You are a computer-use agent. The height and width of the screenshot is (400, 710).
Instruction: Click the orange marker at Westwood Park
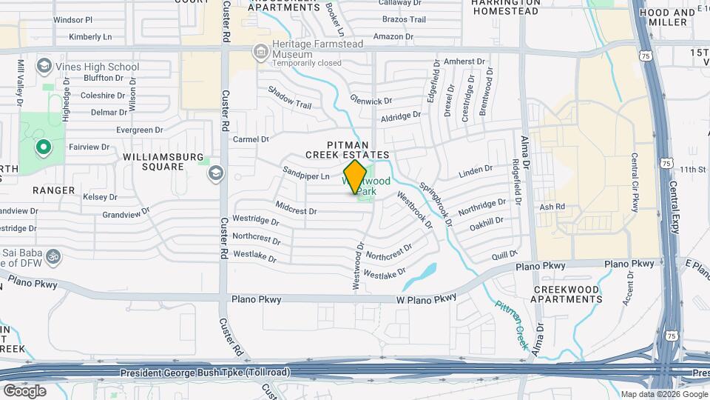tap(355, 177)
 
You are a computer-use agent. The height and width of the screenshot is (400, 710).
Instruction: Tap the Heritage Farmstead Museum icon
tap(260, 52)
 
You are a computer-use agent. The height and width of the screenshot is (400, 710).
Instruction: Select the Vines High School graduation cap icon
tap(44, 67)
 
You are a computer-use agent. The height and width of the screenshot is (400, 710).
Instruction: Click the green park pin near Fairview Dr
tap(44, 147)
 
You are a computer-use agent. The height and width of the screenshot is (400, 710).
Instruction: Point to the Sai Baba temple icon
tap(53, 256)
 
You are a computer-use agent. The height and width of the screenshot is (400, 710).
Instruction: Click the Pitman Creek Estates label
tap(348, 149)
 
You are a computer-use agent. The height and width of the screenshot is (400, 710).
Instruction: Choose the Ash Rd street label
tap(552, 207)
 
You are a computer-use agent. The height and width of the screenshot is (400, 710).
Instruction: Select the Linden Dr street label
tap(475, 172)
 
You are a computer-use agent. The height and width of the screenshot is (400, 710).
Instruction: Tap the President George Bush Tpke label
tap(205, 372)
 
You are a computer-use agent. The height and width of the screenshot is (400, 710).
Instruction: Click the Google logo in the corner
tap(24, 390)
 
